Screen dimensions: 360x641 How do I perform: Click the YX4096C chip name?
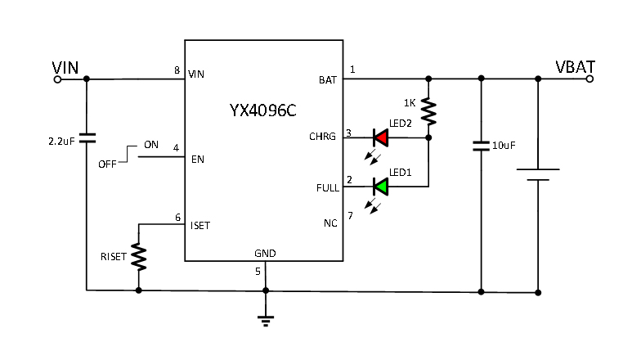263,109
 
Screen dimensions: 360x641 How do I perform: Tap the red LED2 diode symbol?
380,137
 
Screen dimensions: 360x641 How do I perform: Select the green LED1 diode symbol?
380,187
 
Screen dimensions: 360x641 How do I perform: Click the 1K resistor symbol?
428,109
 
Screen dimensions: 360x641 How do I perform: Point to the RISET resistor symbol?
139,257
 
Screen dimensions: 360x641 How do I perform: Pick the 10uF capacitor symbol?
481,146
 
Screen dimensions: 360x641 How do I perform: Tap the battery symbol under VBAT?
538,176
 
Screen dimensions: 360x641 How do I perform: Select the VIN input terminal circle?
57,79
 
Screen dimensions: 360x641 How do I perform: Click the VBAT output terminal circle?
589,79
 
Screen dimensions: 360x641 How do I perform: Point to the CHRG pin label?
322,137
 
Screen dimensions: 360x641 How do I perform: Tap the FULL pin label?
326,187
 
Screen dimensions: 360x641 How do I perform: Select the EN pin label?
197,159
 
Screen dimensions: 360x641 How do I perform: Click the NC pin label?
329,223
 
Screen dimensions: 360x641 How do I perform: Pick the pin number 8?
177,70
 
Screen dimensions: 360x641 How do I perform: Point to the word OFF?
107,164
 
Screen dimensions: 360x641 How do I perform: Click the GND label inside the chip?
265,254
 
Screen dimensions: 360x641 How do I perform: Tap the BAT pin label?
328,80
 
